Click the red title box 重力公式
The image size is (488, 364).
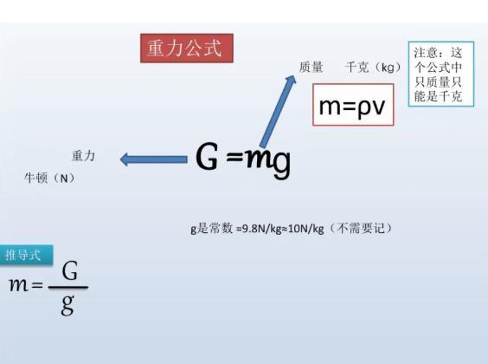[186, 49]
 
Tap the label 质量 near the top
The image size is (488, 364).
[311, 67]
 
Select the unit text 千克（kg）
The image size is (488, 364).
[373, 68]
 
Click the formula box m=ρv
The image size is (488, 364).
[353, 105]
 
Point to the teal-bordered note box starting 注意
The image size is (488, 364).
[441, 75]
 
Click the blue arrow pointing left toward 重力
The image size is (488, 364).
[154, 159]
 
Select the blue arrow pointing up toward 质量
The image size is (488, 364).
[278, 111]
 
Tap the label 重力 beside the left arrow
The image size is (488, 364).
[83, 155]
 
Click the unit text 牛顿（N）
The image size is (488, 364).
[50, 179]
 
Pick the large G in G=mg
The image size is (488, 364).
[207, 156]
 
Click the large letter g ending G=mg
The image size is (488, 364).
[282, 163]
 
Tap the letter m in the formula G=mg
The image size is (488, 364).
[259, 159]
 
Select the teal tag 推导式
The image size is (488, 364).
[26, 256]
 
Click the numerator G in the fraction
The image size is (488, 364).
[69, 270]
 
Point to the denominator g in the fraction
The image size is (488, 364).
[67, 305]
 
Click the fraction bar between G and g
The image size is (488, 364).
[68, 288]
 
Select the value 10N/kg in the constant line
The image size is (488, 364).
[306, 229]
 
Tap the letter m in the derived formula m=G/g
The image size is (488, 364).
[18, 285]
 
